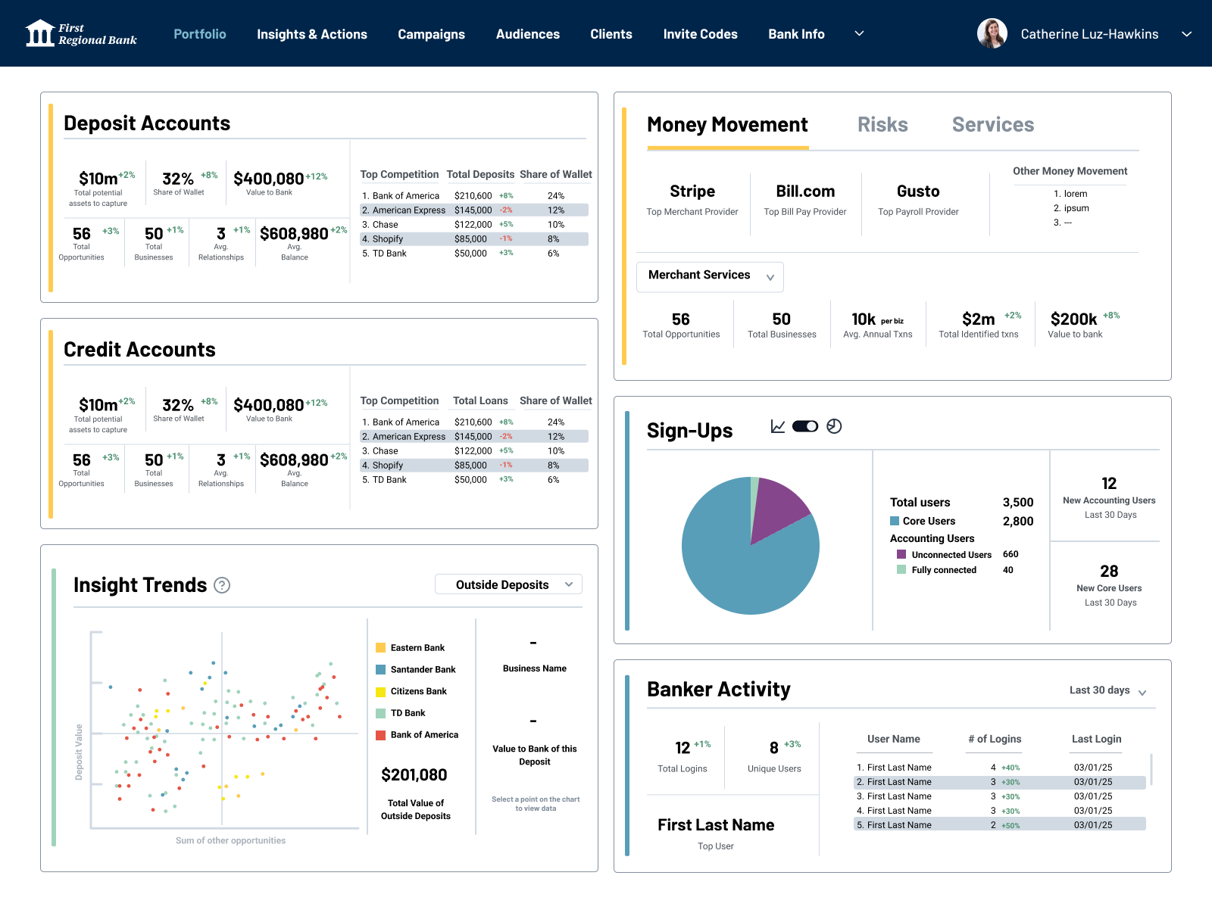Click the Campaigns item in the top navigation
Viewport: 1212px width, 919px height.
[431, 34]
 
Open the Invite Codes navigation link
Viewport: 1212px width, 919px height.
[700, 34]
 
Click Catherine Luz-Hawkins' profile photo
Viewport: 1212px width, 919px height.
[992, 33]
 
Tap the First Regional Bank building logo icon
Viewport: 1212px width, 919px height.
[39, 33]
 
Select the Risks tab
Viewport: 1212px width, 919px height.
[882, 125]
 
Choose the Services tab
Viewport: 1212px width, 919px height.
[993, 125]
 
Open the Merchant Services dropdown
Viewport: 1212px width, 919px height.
[710, 276]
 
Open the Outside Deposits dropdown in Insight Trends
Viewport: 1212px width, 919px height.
[508, 584]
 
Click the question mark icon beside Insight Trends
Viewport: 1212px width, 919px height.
[222, 584]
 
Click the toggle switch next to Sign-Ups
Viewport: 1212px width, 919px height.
[805, 426]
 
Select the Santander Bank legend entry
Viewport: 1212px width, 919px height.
[416, 669]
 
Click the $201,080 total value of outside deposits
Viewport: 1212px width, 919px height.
[414, 774]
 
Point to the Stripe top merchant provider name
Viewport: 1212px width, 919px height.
[692, 191]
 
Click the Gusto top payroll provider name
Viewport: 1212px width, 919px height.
[918, 191]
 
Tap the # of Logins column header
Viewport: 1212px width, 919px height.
[995, 739]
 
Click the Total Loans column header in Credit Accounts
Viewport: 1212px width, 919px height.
[480, 400]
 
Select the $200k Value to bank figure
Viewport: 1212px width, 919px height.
[1073, 319]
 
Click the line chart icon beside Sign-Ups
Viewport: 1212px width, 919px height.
[778, 426]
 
